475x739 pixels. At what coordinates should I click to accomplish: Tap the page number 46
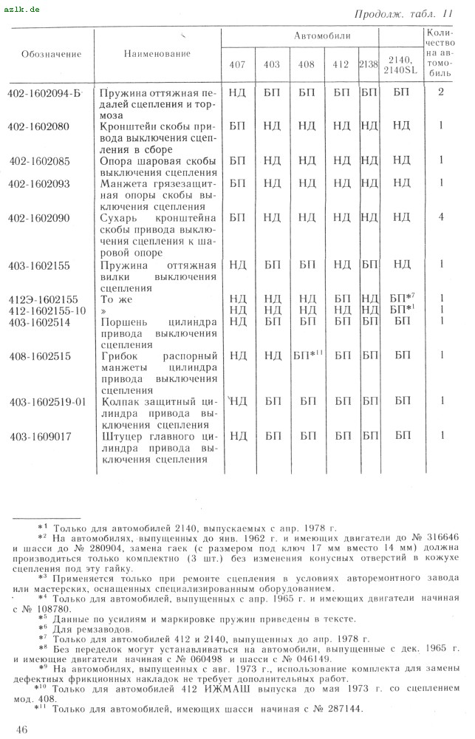21,729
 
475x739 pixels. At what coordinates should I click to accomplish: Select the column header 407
237,64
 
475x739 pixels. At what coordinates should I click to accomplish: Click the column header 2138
368,64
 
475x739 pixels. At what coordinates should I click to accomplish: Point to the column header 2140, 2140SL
401,64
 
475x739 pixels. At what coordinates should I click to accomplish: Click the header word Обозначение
52,54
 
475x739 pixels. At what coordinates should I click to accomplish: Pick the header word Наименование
157,54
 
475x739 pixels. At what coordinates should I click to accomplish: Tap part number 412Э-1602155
43,299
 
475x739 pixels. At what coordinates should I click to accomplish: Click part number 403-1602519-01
48,401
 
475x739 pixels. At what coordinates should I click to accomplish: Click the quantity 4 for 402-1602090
440,217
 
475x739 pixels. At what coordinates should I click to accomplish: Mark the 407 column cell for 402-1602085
237,160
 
